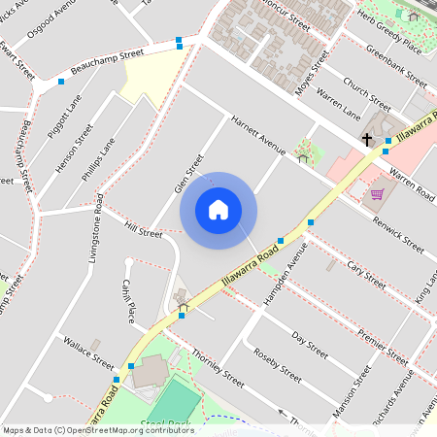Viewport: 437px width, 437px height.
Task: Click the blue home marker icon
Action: (218, 209)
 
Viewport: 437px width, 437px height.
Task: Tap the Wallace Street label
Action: (88, 353)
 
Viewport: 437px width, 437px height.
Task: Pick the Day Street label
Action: (308, 341)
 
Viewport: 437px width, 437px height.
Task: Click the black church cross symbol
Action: (367, 141)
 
